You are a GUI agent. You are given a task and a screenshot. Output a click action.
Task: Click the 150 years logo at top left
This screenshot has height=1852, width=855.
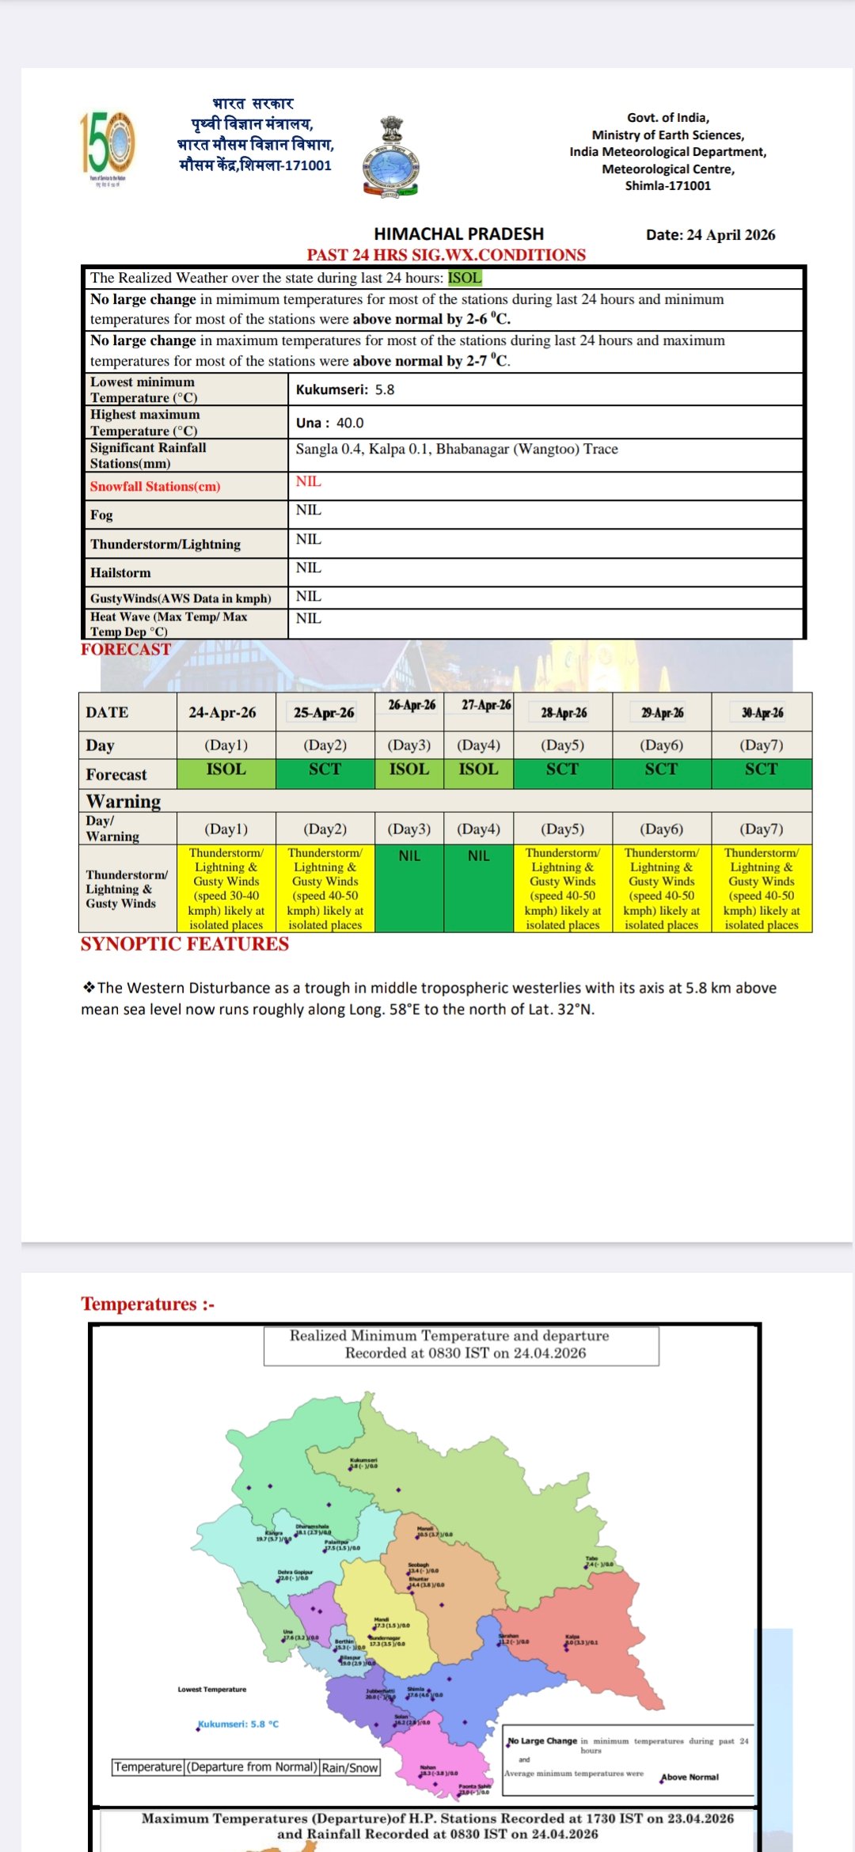tap(108, 144)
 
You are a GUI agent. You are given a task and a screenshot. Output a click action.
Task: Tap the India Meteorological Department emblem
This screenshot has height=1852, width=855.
tap(391, 157)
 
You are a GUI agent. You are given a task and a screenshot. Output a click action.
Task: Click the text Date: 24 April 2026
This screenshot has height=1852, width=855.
tap(710, 235)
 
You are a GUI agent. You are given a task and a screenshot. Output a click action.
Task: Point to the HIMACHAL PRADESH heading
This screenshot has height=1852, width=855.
tap(458, 234)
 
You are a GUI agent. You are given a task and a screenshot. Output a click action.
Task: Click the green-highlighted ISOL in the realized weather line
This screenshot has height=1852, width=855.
tap(465, 278)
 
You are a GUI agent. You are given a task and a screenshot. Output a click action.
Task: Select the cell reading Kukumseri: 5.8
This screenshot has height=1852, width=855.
tap(345, 389)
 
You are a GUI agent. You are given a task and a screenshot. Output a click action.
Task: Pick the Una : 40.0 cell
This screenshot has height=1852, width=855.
tap(330, 423)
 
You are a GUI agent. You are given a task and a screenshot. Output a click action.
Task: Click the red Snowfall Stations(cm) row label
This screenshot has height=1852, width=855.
tap(155, 487)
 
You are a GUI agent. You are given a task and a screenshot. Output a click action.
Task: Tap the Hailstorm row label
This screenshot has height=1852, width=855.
tap(120, 573)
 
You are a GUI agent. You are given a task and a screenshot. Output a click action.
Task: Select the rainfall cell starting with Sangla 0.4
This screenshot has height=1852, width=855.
tap(457, 450)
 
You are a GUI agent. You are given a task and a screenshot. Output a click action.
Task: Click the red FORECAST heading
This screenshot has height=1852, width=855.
tap(126, 650)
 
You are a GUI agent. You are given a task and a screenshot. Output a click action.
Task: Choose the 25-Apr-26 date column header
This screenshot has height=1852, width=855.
tap(324, 712)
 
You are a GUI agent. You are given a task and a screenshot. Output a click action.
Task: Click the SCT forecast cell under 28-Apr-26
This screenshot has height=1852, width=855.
tap(562, 769)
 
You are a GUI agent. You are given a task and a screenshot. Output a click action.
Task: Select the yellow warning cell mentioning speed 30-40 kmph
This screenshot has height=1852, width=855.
tap(226, 889)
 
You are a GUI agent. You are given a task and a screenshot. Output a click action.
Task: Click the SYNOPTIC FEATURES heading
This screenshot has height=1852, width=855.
tap(184, 944)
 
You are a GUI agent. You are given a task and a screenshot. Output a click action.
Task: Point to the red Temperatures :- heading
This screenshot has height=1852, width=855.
tap(147, 1304)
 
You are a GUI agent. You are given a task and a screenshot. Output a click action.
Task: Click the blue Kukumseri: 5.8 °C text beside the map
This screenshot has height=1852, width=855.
tap(238, 1724)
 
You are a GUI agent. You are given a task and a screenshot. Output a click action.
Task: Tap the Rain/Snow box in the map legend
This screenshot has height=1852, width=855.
tap(350, 1767)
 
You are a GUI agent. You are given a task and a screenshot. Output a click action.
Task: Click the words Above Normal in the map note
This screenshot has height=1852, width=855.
tap(690, 1777)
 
